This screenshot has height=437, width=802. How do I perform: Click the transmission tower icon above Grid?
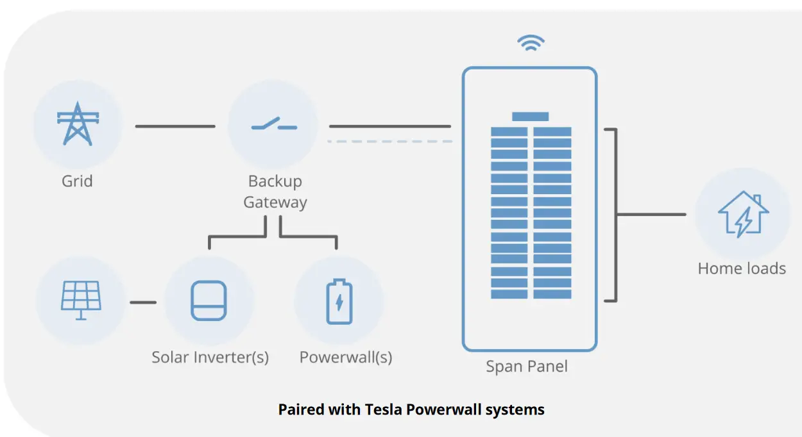(x=78, y=124)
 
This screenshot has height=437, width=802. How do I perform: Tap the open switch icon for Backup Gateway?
(x=274, y=124)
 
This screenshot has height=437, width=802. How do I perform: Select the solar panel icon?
(x=81, y=300)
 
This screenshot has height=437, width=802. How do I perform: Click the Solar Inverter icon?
(x=209, y=301)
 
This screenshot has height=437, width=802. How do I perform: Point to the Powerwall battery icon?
(x=339, y=301)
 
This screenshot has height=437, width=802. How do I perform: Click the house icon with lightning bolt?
(x=743, y=214)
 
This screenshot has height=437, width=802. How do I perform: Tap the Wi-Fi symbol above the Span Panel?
(x=531, y=43)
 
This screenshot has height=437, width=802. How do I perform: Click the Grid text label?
(x=78, y=181)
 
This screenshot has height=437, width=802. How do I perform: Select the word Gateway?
(x=275, y=202)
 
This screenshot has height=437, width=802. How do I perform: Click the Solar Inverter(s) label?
(x=210, y=358)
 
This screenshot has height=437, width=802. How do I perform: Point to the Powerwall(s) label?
(x=346, y=358)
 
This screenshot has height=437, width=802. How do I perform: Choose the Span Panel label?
(x=527, y=366)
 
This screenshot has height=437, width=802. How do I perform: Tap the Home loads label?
(x=742, y=268)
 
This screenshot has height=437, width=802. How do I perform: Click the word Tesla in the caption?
(x=384, y=409)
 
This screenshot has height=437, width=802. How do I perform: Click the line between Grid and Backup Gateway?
(x=175, y=126)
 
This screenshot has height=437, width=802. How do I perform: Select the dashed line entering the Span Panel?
(x=390, y=142)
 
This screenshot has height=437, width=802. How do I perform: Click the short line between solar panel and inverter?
(x=143, y=302)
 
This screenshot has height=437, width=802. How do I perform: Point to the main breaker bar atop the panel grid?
(x=530, y=117)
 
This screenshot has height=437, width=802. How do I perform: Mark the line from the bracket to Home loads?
(x=652, y=215)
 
